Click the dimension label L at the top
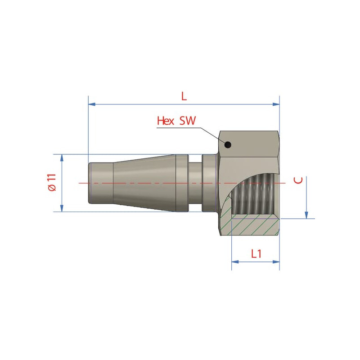click(184, 96)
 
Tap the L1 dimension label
click(256, 254)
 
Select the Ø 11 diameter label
click(52, 182)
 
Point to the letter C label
click(298, 180)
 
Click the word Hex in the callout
click(166, 121)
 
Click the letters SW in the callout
click(188, 121)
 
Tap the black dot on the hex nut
click(228, 145)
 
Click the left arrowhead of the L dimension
click(92, 104)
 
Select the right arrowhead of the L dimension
click(276, 104)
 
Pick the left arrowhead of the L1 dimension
click(235, 262)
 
